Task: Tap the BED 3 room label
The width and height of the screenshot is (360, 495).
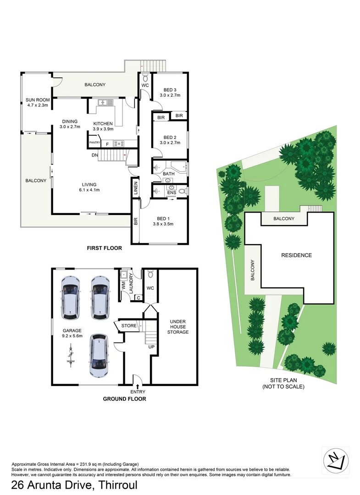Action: coord(170,92)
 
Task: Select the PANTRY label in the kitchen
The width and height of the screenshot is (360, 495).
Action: coord(94,143)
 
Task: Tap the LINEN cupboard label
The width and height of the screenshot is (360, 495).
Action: coord(136,189)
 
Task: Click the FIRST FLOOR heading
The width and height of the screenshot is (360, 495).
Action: coord(105,248)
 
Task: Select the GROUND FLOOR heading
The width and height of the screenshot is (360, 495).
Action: coord(124,399)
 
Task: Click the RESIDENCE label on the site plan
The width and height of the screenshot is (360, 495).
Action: coord(296,255)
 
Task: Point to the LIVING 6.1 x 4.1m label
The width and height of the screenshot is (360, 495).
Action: coord(89,187)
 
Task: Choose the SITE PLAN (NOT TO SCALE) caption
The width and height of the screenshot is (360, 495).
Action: coord(283,384)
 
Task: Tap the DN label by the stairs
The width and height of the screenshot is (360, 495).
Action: coord(95,155)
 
